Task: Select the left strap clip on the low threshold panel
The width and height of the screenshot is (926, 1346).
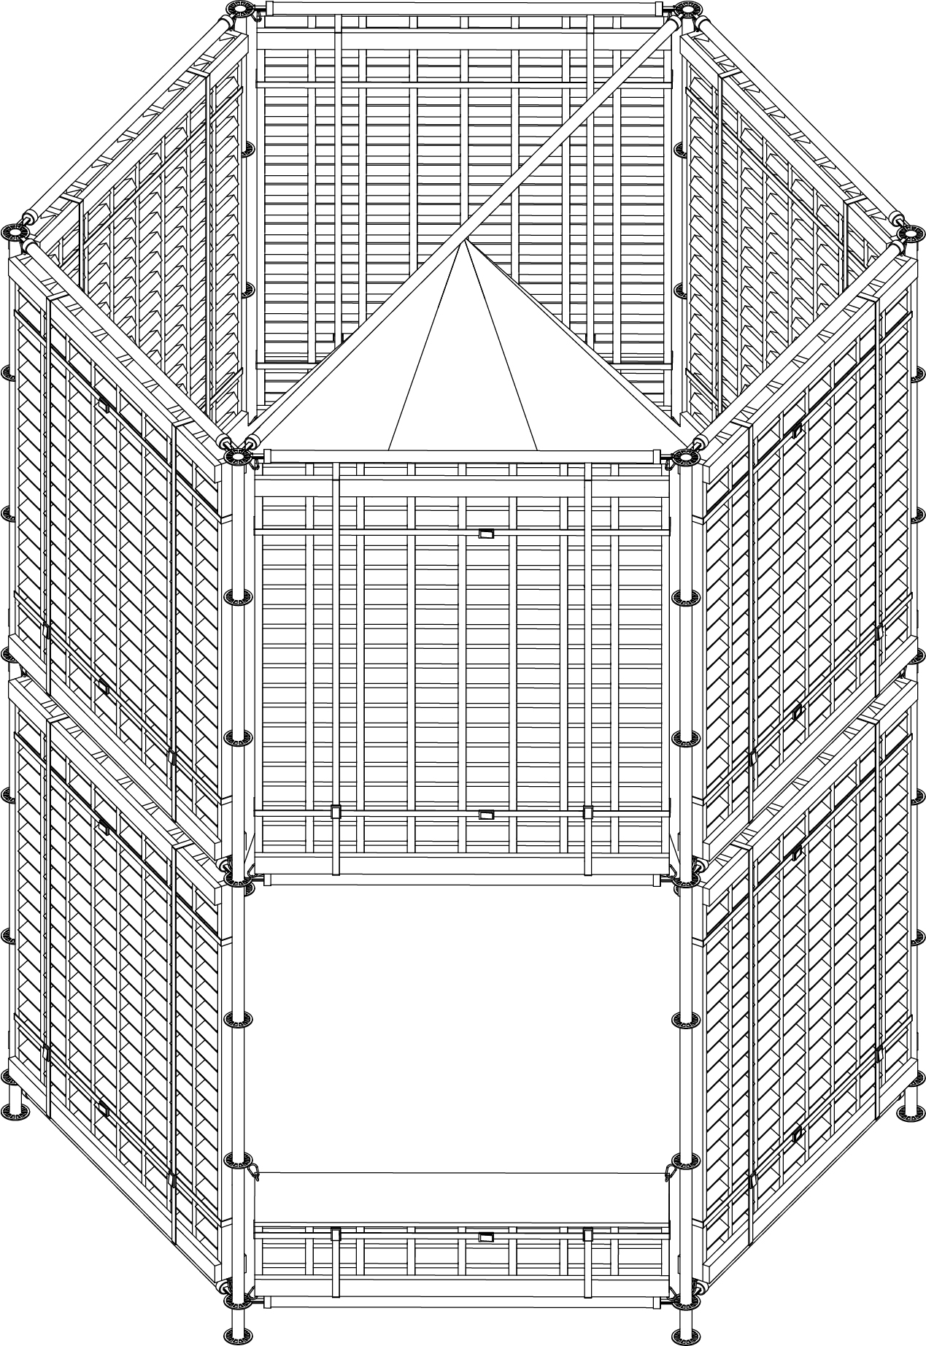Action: click(x=336, y=1234)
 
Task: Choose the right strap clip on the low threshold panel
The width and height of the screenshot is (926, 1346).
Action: click(x=588, y=1234)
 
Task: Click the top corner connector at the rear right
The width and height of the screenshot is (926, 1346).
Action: click(x=687, y=10)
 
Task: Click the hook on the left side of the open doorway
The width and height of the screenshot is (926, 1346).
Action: click(x=255, y=1168)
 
